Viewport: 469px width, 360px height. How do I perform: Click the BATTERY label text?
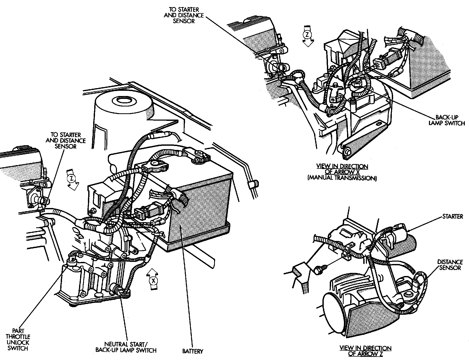pos(193,351)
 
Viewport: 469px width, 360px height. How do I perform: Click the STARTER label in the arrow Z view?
pos(453,216)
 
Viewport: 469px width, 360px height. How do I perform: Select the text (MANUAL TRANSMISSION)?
pos(342,178)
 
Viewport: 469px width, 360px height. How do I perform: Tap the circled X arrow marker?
pos(153,280)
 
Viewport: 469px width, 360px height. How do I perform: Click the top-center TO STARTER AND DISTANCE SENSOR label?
pos(183,15)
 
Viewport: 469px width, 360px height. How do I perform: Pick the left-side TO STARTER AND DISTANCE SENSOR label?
pos(65,140)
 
